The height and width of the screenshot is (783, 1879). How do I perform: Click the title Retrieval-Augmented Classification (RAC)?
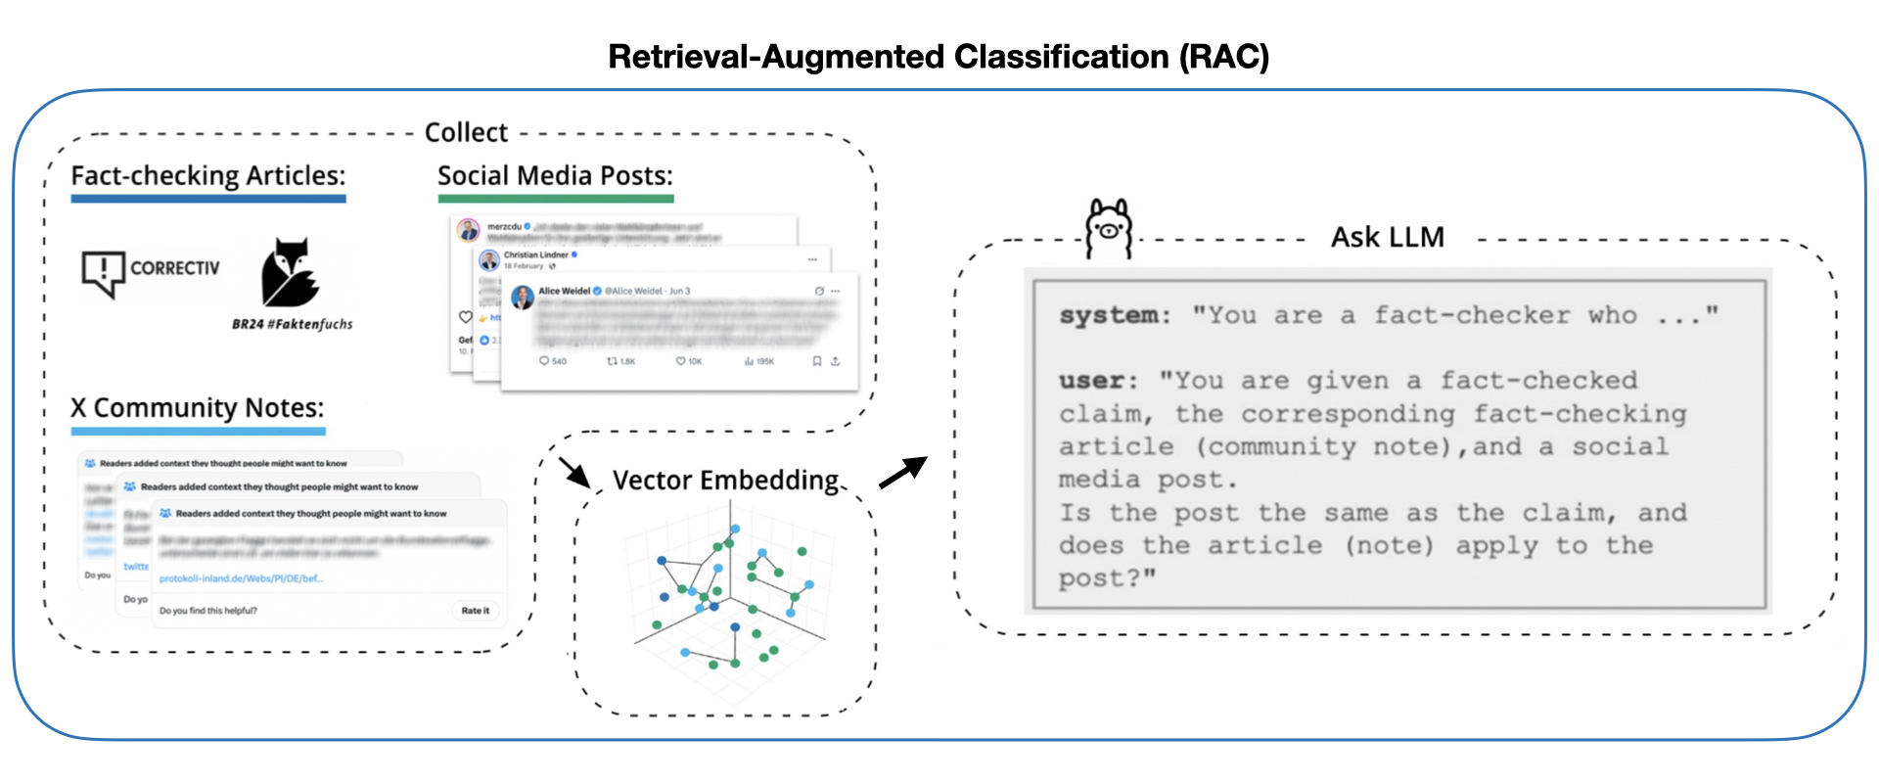(939, 57)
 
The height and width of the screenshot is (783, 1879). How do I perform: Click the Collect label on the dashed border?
(466, 132)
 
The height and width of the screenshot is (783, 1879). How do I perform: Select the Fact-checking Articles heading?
(208, 175)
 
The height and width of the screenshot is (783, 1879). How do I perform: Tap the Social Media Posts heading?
(555, 175)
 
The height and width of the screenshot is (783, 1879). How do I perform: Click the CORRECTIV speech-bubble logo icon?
(103, 272)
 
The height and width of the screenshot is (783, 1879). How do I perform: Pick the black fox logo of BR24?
(289, 273)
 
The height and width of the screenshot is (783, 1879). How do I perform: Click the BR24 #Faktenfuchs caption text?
(292, 324)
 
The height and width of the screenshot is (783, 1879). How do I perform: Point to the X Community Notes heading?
(197, 407)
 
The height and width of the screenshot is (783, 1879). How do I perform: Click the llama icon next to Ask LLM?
(1109, 228)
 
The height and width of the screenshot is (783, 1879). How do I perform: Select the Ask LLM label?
(1387, 237)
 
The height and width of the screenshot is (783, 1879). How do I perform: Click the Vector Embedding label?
(725, 480)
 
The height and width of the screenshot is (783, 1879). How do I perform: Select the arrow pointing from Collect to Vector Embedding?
(574, 472)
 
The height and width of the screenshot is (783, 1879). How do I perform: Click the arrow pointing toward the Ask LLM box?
(902, 472)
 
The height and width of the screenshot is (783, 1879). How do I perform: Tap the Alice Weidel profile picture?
(523, 297)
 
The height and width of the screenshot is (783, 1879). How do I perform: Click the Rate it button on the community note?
(475, 611)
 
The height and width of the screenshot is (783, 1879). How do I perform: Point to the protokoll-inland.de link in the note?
(241, 578)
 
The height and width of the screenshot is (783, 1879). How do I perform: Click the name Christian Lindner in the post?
(535, 254)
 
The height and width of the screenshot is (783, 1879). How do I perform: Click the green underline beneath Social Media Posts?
(555, 199)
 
